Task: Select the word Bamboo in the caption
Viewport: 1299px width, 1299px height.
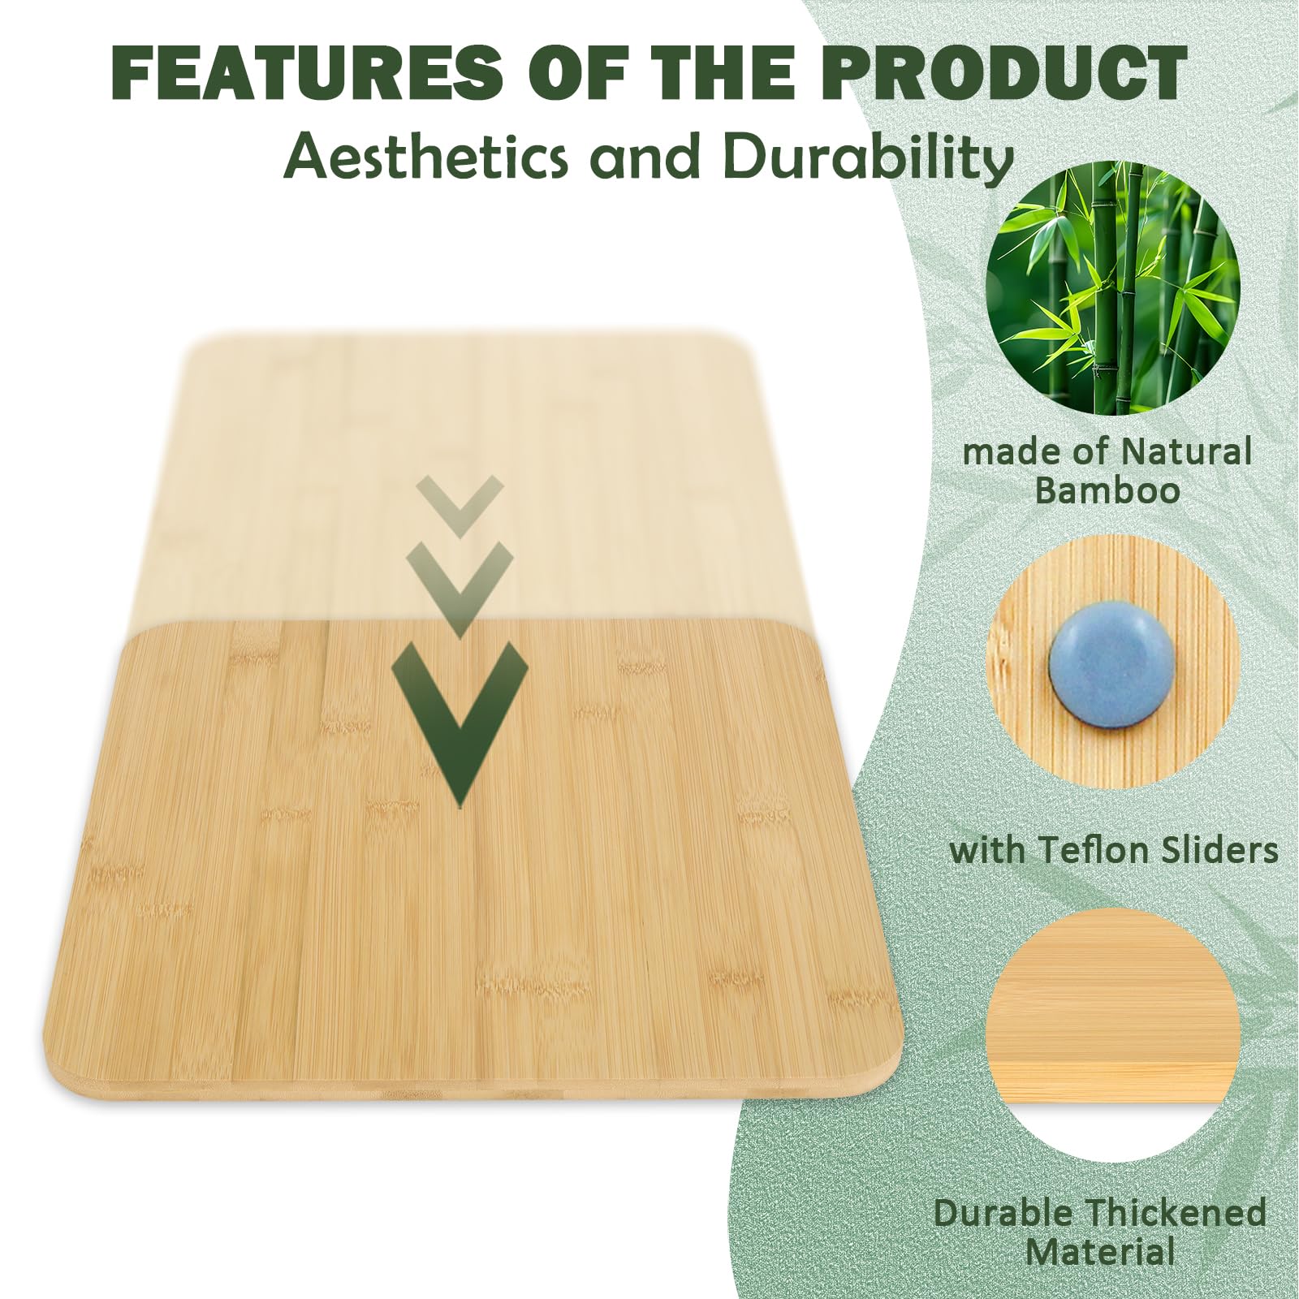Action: (x=1107, y=492)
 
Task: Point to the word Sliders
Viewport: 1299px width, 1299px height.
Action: (x=1226, y=851)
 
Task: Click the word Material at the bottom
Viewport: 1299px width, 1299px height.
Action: (x=1099, y=1252)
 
